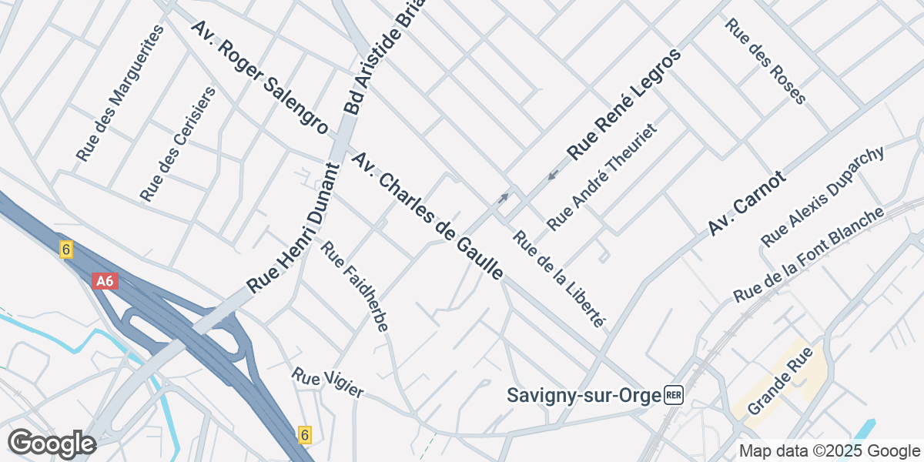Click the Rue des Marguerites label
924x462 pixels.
pyautogui.click(x=121, y=93)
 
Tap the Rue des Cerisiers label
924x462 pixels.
pyautogui.click(x=178, y=144)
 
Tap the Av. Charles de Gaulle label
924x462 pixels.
pyautogui.click(x=427, y=216)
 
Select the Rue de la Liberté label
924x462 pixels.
pyautogui.click(x=559, y=279)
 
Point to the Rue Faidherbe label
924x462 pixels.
pyautogui.click(x=354, y=286)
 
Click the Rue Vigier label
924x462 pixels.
pyautogui.click(x=327, y=383)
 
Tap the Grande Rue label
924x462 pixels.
pyautogui.click(x=776, y=391)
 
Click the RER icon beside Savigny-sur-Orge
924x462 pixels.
pyautogui.click(x=674, y=396)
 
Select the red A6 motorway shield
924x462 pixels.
pyautogui.click(x=105, y=281)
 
